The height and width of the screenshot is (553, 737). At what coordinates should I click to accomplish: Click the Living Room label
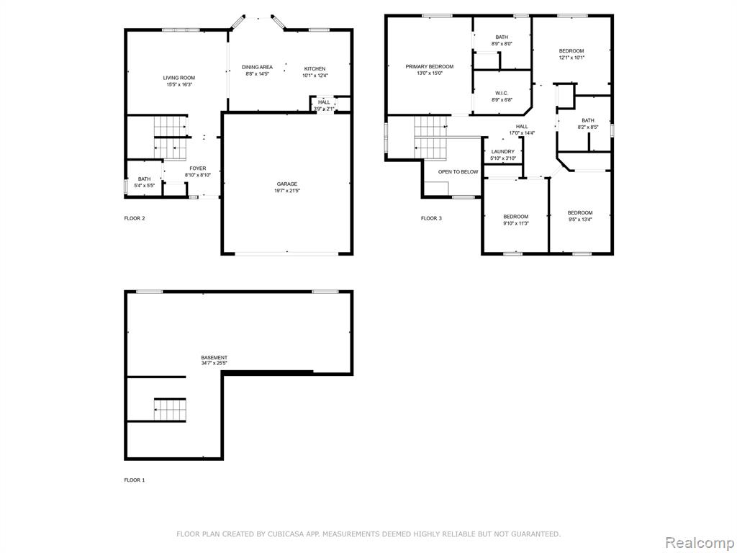point(179,78)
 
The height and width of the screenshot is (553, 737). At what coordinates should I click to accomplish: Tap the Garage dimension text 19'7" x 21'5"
point(286,191)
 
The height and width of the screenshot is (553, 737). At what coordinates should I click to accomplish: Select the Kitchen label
point(315,68)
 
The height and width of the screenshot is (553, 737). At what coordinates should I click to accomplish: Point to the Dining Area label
point(257,67)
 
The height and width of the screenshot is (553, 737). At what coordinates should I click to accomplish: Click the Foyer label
point(198,168)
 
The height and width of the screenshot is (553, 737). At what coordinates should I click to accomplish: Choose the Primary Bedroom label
point(430,67)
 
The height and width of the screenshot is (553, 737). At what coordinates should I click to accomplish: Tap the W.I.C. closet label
point(502,93)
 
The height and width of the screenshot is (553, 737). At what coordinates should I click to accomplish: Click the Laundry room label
point(503,151)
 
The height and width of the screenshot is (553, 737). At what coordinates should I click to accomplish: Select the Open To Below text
point(458,172)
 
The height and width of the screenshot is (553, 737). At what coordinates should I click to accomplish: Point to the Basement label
point(214,358)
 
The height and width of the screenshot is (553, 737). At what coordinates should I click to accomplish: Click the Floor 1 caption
point(135,480)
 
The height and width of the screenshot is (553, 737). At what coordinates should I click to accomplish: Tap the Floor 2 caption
point(135,218)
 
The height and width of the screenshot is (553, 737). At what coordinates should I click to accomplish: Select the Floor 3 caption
point(431,218)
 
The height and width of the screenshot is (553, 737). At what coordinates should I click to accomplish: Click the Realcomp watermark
point(700,543)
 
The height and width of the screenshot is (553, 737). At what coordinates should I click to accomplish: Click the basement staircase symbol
point(170,410)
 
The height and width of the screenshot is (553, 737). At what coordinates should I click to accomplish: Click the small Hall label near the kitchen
point(324,102)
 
